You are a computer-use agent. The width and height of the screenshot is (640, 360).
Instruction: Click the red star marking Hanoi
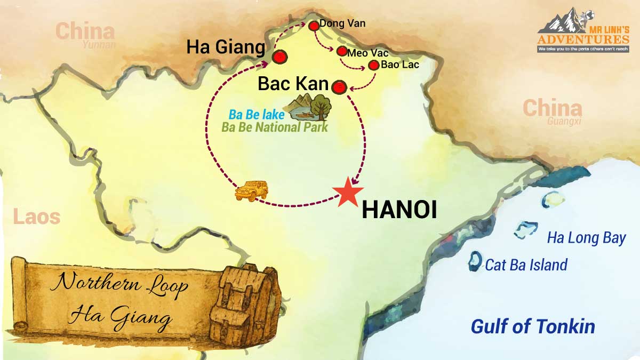pos(347,191)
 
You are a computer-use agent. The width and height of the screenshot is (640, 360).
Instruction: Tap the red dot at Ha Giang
pos(279,57)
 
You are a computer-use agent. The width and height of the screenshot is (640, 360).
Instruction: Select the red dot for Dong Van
pos(314,25)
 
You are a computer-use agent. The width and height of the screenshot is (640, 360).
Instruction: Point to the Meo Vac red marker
pos(342,52)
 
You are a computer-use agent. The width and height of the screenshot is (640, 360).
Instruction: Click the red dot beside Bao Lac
pos(374,65)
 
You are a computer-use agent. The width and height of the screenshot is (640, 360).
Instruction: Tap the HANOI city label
pos(399,210)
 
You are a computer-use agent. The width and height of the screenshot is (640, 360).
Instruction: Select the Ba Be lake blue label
pos(256,115)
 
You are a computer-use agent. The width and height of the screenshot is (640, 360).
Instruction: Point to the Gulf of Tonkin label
pos(533,326)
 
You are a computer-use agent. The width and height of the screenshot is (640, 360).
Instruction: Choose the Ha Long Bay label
pos(586,238)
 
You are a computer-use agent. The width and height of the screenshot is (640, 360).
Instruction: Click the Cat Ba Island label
pos(526,265)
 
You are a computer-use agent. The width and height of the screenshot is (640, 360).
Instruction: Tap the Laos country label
pos(37,217)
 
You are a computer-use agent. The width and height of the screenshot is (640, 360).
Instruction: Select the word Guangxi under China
pos(564,121)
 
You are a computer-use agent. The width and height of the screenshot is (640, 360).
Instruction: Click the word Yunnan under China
pos(99,44)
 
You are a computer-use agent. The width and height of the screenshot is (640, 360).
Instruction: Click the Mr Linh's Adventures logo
pos(583,31)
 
